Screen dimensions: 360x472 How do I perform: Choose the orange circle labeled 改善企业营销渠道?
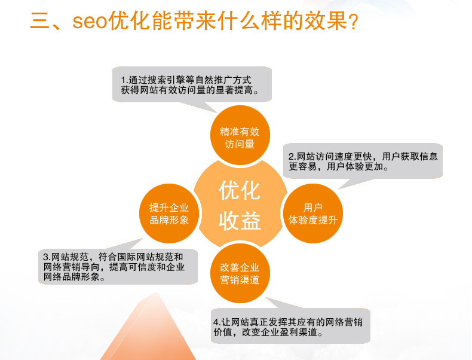click(240, 273)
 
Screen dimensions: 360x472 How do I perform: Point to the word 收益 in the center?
click(240, 221)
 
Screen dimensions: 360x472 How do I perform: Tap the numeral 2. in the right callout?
click(293, 157)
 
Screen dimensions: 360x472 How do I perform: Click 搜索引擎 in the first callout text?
click(167, 80)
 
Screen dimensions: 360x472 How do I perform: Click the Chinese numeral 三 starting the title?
click(39, 22)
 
